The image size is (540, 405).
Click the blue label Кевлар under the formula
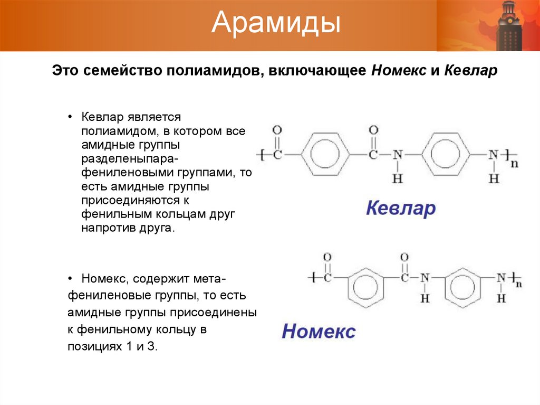point(401,208)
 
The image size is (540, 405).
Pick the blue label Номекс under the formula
point(319,331)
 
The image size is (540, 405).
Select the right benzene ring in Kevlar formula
point(446,155)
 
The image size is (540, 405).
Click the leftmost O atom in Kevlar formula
point(278,130)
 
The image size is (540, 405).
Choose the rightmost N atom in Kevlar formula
point(493,155)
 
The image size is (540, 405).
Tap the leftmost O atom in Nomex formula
point(327,257)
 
